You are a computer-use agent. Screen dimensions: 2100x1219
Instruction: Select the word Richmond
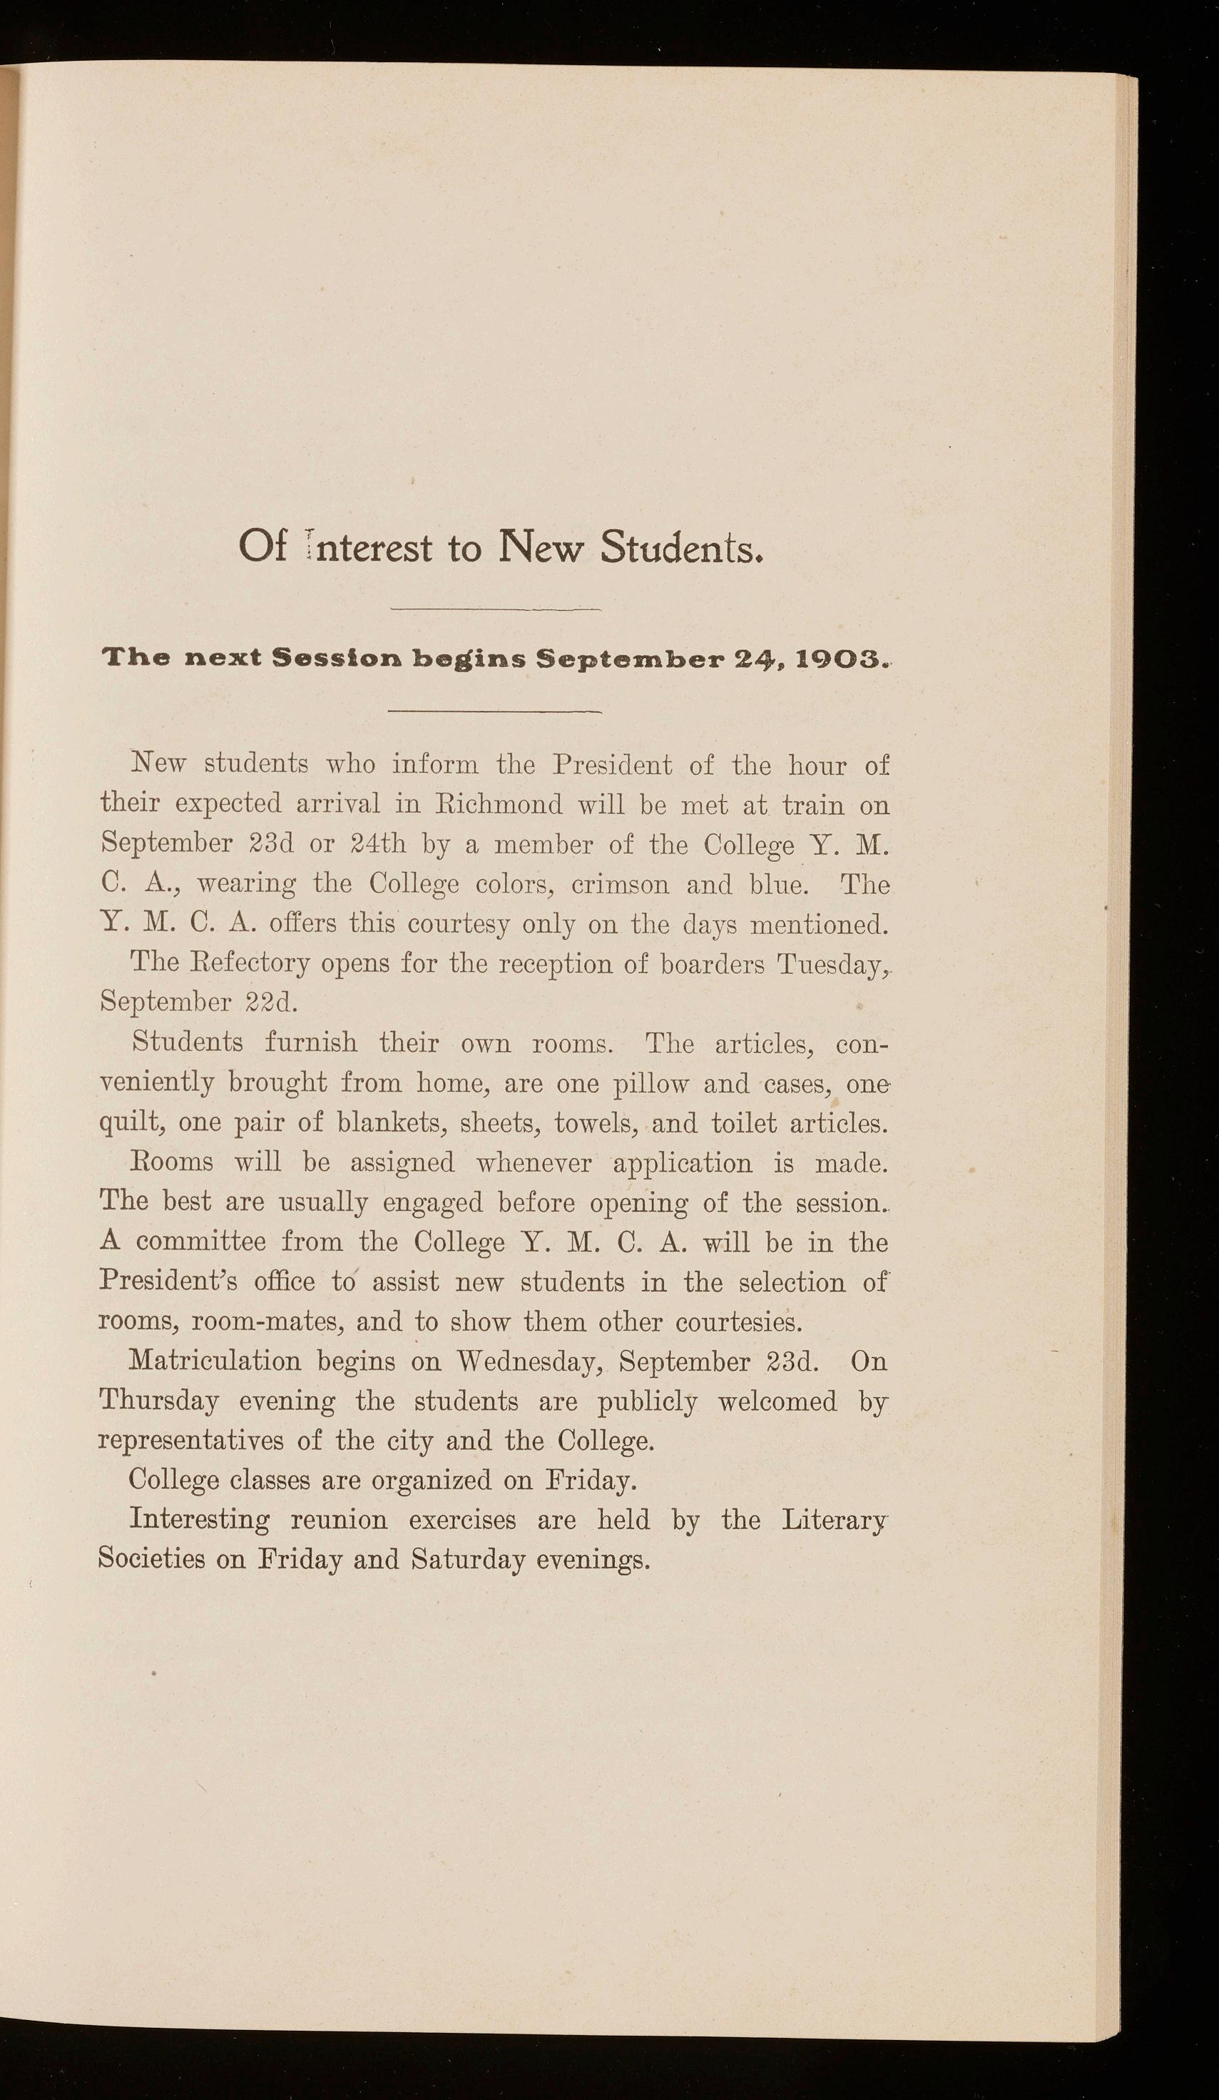(x=497, y=805)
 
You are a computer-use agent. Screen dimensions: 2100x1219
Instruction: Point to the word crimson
(x=620, y=883)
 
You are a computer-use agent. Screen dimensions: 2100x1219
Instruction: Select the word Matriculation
(x=215, y=1361)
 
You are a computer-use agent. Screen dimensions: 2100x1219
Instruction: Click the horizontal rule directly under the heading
(x=496, y=610)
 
